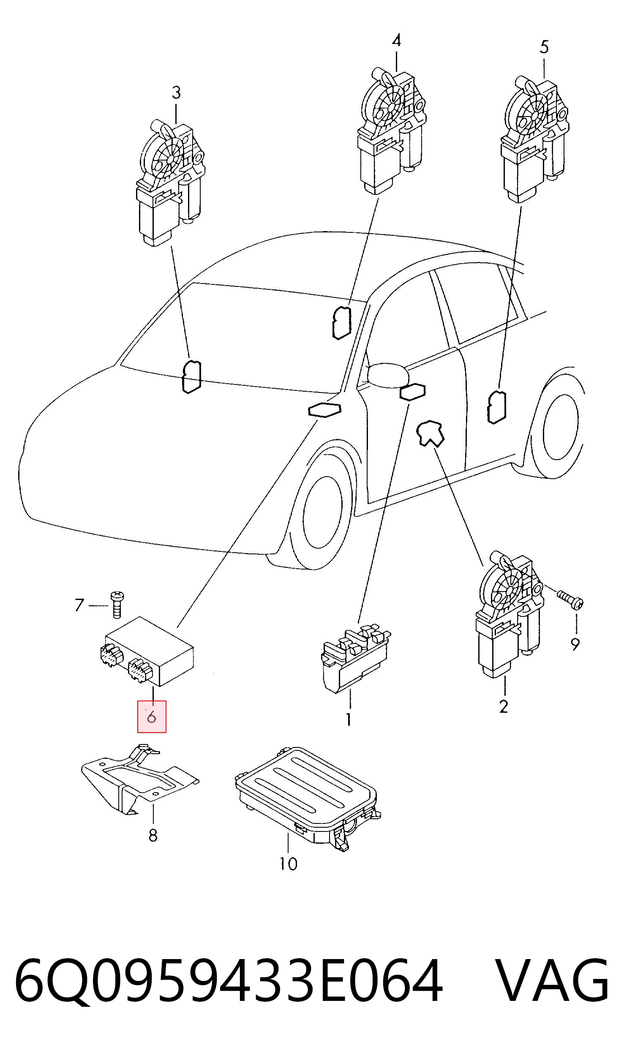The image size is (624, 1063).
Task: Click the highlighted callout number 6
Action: [x=152, y=717]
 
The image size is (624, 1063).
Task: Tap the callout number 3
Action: [x=176, y=93]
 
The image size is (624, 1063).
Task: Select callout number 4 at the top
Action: [x=396, y=41]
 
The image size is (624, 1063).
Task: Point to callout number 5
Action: [x=544, y=46]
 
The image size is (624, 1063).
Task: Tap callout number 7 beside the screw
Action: [x=79, y=605]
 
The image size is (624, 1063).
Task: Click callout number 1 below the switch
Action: [x=349, y=719]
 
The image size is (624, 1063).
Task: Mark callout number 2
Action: [x=503, y=706]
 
